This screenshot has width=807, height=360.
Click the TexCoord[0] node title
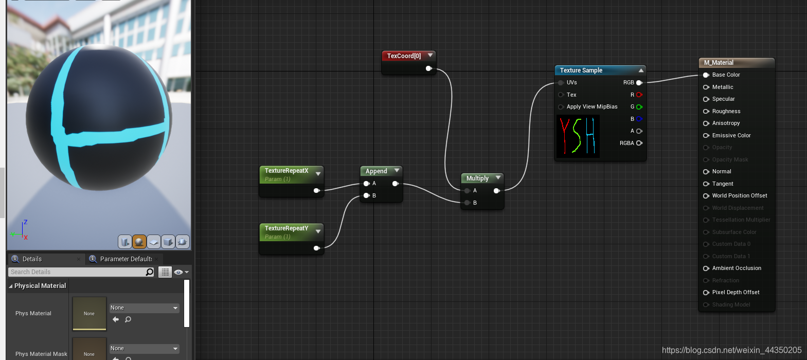(x=404, y=56)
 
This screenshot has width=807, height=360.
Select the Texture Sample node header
(x=581, y=70)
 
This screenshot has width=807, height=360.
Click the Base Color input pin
(x=706, y=75)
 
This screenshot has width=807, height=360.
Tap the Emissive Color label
(x=731, y=135)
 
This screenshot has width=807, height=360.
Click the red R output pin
(x=639, y=95)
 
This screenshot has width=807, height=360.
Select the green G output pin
(x=639, y=107)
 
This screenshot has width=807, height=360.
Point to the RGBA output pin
(x=639, y=143)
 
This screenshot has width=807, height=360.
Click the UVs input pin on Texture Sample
(x=561, y=82)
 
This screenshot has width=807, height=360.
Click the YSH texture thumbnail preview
(x=578, y=136)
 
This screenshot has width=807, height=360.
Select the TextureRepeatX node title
(x=286, y=171)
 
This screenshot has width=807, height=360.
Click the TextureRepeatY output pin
(x=316, y=248)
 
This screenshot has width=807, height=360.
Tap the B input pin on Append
(x=367, y=195)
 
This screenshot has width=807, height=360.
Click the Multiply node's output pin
(x=496, y=191)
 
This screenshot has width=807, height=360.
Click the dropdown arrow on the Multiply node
(x=498, y=178)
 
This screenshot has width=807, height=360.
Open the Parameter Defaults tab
(x=125, y=259)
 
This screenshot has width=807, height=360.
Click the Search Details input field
(x=77, y=272)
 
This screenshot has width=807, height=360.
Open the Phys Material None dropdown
(x=144, y=308)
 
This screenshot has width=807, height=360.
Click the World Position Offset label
(x=739, y=195)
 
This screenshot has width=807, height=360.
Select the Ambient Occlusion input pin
(x=706, y=268)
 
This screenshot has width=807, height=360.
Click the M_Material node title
(x=719, y=63)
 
